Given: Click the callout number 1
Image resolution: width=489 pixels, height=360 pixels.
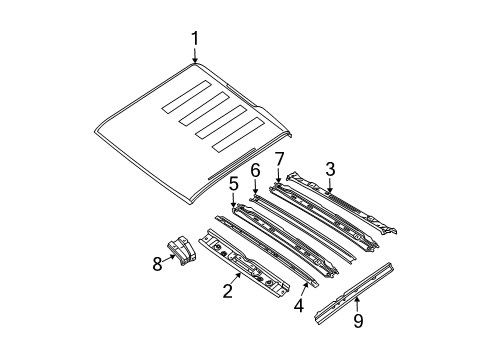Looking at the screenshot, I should (x=196, y=38).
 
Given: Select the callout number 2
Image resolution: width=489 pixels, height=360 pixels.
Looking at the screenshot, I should (x=229, y=291).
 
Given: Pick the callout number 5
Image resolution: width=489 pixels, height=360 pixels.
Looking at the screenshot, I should (x=233, y=184).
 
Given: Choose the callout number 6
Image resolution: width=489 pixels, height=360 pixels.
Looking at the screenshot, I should (x=255, y=170).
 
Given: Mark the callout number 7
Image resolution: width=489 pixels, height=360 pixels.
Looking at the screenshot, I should (x=280, y=157).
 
